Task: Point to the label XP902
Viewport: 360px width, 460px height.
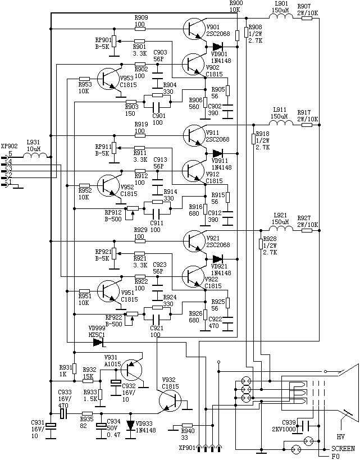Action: (x=10, y=146)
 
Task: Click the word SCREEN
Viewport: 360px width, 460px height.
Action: (x=343, y=449)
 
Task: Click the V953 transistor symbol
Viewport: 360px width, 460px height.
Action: (x=108, y=78)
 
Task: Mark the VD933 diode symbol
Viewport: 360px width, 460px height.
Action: (x=130, y=425)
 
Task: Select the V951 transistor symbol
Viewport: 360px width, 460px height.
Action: (x=108, y=290)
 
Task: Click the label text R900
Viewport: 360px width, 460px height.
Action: (x=236, y=3)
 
